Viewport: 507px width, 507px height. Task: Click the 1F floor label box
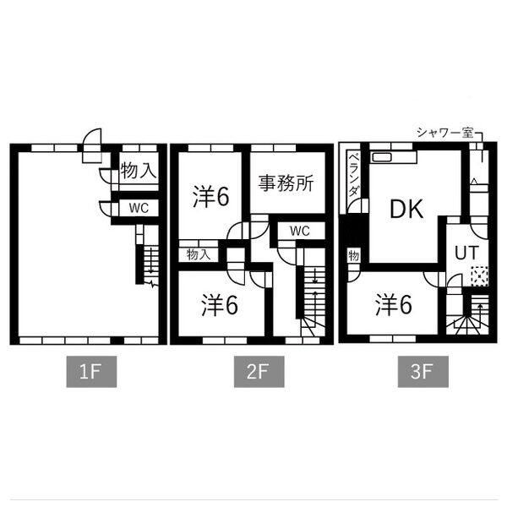[x=91, y=372]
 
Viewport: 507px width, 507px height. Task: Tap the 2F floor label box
[x=259, y=372]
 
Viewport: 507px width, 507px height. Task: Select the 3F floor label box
[x=423, y=372]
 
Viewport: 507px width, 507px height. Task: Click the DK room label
[x=406, y=209]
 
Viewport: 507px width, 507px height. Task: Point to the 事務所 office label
[x=286, y=183]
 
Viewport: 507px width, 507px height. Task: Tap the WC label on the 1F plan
[x=139, y=208]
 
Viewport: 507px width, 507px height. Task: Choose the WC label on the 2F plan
[x=300, y=231]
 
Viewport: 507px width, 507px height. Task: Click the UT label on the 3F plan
[x=466, y=253]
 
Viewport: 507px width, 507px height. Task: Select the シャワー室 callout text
[x=445, y=133]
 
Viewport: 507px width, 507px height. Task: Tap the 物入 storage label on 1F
[x=139, y=170]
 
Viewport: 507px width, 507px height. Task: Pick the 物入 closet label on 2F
[x=199, y=254]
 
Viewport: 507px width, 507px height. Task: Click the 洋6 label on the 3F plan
[x=394, y=305]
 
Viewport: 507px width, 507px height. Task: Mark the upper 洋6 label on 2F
[x=210, y=197]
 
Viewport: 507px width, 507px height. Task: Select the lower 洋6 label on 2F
[x=220, y=305]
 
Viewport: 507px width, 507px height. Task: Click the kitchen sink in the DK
[x=382, y=157]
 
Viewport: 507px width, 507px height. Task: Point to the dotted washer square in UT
[x=479, y=275]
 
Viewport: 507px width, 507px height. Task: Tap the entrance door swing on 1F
[x=92, y=145]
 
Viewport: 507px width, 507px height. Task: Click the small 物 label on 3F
[x=353, y=256]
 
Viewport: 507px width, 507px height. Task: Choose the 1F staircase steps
[x=151, y=264]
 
